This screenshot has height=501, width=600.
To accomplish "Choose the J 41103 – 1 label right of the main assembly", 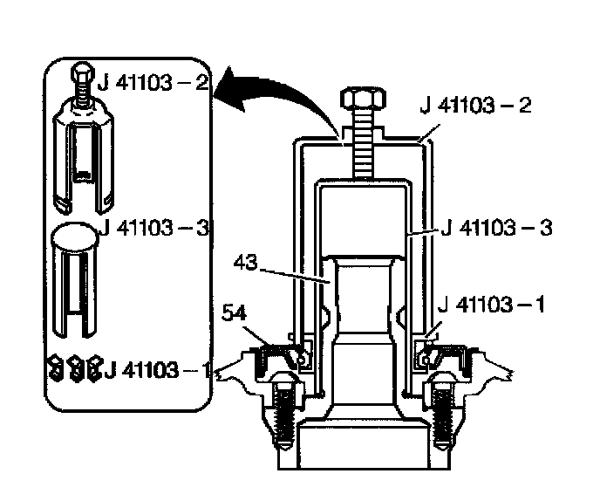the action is (x=493, y=305).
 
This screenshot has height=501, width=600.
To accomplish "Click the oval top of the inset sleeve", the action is (x=74, y=236).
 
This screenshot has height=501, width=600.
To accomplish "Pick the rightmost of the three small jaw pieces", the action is (x=94, y=367).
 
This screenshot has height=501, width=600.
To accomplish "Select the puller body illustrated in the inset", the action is (x=84, y=153).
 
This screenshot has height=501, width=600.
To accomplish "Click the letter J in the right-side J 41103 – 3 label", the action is (x=447, y=228).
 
